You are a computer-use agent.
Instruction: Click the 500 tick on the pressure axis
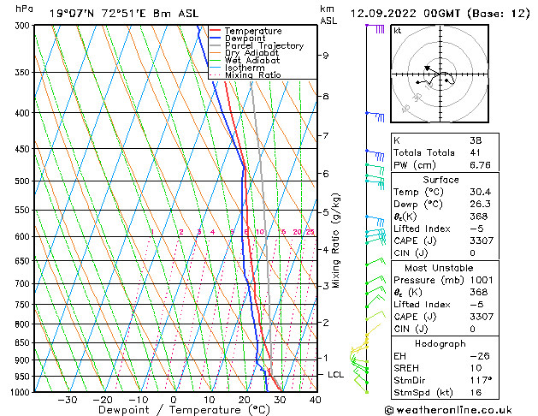(x=25, y=181)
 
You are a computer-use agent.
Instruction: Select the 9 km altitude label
(x=326, y=56)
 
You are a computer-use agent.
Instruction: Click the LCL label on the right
(x=336, y=375)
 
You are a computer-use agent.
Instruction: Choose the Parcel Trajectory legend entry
(x=264, y=45)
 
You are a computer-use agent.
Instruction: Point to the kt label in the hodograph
(x=398, y=30)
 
